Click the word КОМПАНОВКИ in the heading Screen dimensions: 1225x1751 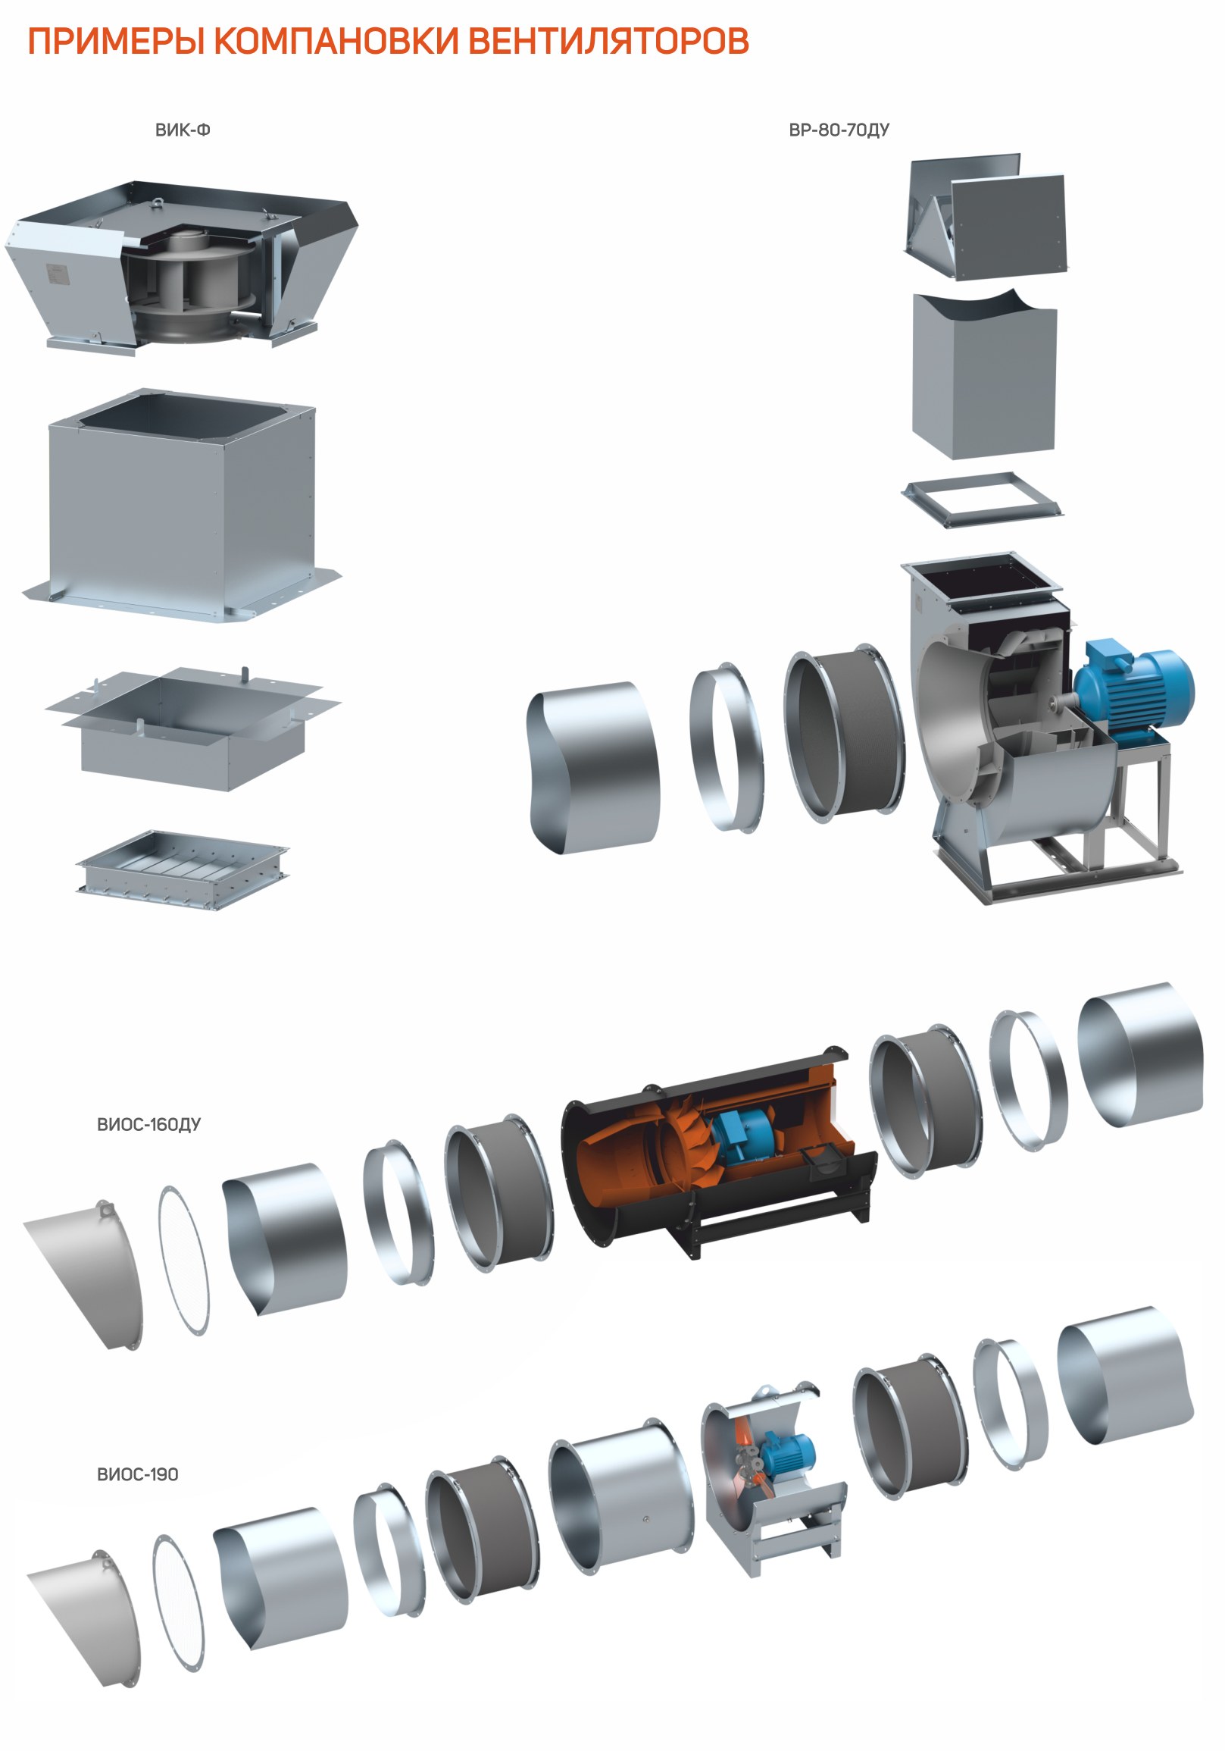point(336,41)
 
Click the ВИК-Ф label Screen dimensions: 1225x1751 point(183,130)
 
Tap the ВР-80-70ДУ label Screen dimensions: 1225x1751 point(839,130)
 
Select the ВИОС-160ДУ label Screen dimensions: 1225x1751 point(148,1124)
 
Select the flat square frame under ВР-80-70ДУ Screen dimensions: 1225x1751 point(982,499)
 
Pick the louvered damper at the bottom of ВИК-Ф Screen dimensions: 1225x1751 point(183,869)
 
